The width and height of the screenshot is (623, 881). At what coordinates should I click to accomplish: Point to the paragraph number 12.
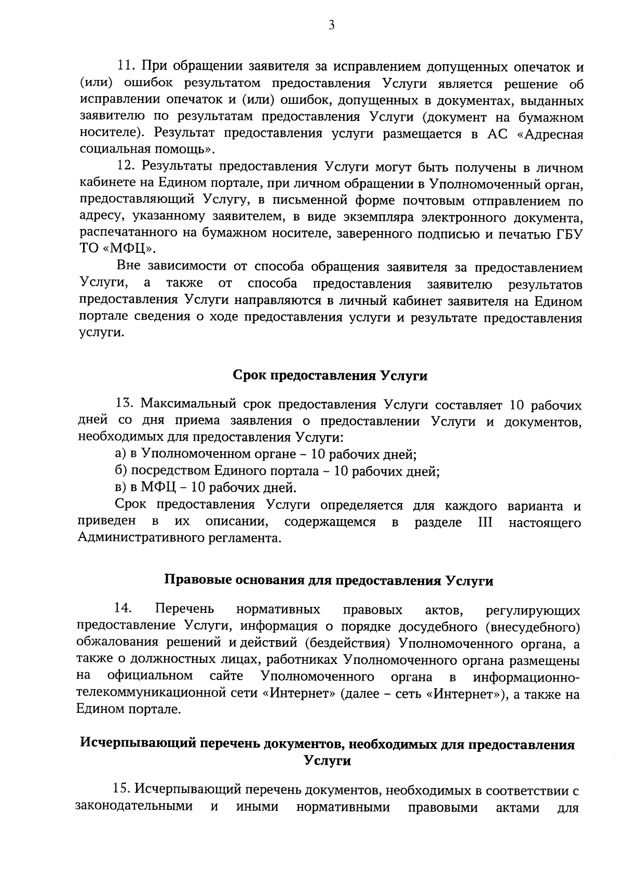coord(125,167)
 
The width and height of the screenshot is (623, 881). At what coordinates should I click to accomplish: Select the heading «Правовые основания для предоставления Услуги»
coord(328,580)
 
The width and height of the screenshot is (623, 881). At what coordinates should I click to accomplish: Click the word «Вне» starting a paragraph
coord(129,267)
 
